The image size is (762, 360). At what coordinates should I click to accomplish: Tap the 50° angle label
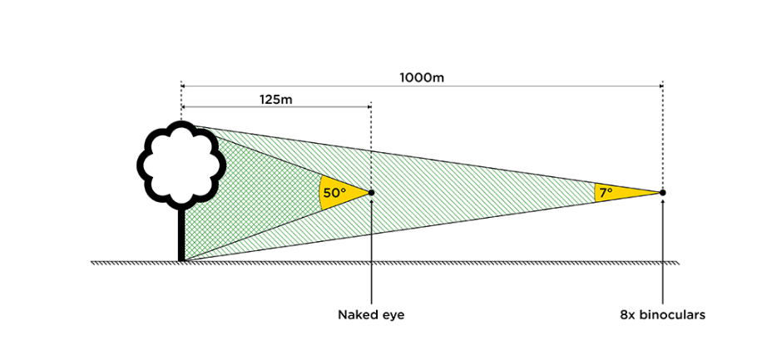click(x=334, y=193)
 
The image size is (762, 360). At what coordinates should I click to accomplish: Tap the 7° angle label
click(x=605, y=193)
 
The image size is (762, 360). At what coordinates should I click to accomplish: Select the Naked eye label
click(x=371, y=315)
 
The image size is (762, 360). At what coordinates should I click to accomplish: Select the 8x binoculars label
click(x=662, y=315)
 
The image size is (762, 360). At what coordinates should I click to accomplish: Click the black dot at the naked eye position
click(x=371, y=193)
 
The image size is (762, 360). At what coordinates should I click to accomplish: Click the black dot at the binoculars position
click(x=662, y=193)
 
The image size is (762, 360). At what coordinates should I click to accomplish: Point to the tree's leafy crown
click(x=180, y=164)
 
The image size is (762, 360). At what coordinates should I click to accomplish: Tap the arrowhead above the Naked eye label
click(x=371, y=201)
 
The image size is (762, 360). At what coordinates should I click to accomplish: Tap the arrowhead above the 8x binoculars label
click(x=662, y=201)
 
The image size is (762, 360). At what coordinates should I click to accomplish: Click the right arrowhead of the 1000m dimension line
click(x=659, y=85)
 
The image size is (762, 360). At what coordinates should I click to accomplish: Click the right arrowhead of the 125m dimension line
click(x=368, y=106)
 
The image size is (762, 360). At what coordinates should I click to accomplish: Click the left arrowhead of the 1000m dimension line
click(x=184, y=85)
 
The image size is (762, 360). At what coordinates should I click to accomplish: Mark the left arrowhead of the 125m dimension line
click(x=184, y=106)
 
